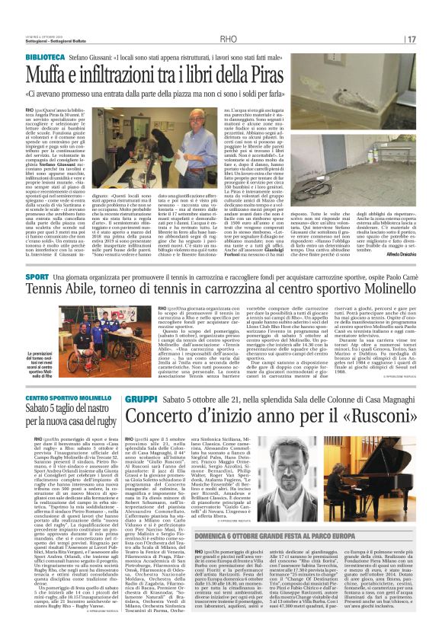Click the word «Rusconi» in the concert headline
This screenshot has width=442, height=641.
pyautogui.click(x=370, y=418)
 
